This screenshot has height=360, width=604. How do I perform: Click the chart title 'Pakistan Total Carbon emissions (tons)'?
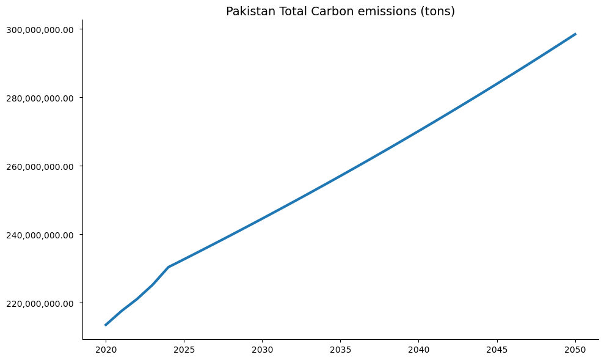point(340,11)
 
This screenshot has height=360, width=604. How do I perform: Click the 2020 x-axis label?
point(106,350)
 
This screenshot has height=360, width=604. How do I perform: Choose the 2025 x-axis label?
point(184,350)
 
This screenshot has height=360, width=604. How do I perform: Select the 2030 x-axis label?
point(262,350)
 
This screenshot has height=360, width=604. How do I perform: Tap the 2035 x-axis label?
point(340,350)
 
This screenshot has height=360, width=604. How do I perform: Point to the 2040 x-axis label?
point(418,350)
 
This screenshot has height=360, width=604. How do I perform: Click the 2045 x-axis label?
point(497,350)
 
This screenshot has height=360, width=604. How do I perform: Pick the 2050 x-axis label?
point(575,350)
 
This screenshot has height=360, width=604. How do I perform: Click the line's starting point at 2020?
point(106,325)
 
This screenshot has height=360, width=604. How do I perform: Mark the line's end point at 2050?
point(575,34)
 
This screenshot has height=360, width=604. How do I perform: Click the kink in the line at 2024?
point(169,267)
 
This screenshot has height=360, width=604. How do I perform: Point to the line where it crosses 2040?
point(418,131)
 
